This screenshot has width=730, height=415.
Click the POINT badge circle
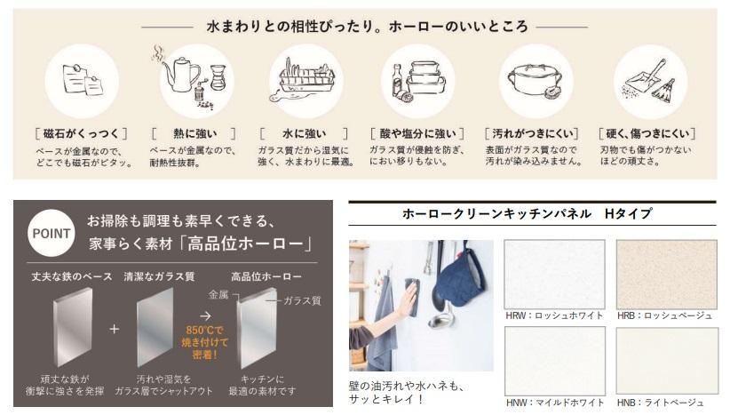click(52, 233)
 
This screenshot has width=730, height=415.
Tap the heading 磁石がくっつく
click(81, 133)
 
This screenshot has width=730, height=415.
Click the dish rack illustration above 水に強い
click(305, 81)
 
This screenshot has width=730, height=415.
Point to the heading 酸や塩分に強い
click(417, 133)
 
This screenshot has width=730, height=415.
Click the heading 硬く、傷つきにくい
click(647, 133)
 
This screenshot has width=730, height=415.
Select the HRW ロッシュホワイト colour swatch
click(554, 274)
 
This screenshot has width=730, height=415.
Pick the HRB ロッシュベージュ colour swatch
click(667, 274)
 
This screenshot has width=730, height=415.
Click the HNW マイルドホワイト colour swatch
click(555, 361)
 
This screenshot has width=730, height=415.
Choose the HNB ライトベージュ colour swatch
click(667, 361)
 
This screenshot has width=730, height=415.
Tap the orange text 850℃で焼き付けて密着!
click(204, 342)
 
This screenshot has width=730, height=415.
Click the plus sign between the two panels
click(114, 329)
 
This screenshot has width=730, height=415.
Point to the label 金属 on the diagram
click(218, 294)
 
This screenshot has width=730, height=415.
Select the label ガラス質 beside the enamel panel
click(302, 300)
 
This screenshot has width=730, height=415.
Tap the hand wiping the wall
click(408, 297)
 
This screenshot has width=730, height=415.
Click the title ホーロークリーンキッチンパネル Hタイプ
click(527, 214)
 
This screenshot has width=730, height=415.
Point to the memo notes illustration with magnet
click(83, 80)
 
